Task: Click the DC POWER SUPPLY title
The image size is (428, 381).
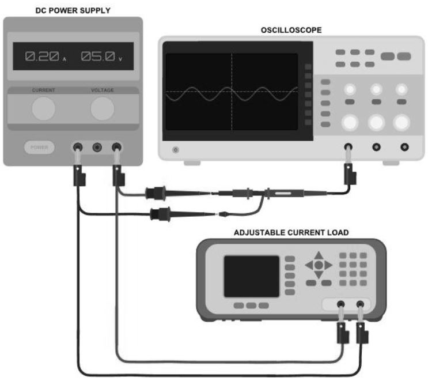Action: point(73,10)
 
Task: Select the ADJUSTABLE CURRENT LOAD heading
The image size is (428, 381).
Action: point(291,233)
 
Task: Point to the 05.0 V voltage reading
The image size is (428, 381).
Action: point(100,56)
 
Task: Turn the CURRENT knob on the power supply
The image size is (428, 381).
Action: point(44,109)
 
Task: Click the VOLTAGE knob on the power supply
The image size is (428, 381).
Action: point(103,109)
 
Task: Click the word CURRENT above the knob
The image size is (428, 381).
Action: point(44,90)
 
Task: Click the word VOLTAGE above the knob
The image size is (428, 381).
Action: point(103,90)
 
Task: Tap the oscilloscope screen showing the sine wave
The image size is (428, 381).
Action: point(232,92)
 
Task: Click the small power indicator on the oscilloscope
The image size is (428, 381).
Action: point(176,150)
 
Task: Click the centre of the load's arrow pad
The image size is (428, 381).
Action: point(319,265)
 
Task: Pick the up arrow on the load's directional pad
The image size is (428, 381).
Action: point(319,255)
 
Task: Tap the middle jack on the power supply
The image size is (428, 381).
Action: point(97,147)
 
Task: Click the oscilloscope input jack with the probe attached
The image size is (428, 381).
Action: point(349,147)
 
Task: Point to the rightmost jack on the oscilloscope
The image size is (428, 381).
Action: point(404,147)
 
